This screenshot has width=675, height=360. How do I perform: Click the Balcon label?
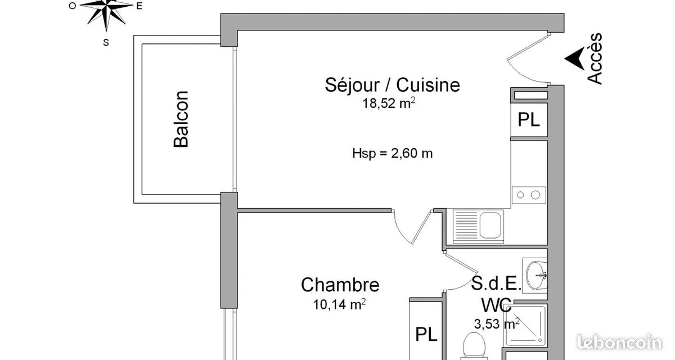[181, 119]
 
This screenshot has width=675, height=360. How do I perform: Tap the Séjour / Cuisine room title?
[393, 85]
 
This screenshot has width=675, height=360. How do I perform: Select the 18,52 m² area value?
[389, 103]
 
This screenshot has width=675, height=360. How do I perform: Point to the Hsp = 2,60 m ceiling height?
[393, 154]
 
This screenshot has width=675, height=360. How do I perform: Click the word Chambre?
[340, 285]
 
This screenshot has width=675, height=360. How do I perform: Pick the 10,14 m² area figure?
[339, 304]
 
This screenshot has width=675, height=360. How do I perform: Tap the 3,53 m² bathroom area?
[497, 324]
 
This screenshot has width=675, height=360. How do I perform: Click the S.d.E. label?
[496, 283]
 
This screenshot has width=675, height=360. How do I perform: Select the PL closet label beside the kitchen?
[529, 120]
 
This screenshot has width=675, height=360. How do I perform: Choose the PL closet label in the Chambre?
[426, 334]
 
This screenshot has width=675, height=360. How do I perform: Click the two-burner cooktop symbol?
[529, 195]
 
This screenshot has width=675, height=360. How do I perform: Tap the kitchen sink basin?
[490, 226]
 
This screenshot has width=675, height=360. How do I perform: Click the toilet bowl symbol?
[474, 346]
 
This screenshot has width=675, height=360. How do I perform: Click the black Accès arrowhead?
[575, 58]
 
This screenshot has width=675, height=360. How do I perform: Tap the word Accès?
[595, 58]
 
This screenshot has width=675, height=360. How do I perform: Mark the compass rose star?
[106, 12]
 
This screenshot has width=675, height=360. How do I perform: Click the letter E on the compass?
[139, 6]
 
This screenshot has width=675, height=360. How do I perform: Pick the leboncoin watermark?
[619, 343]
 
